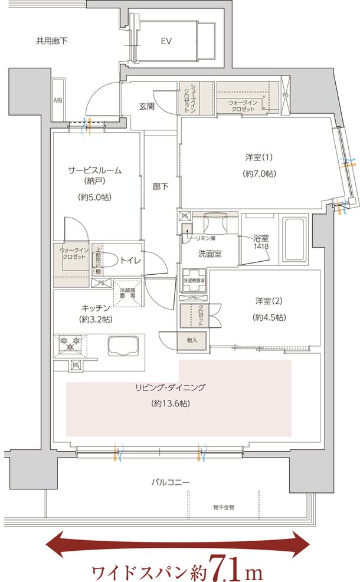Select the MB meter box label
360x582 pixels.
tap(58, 100)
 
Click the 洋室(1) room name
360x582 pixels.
tap(259, 157)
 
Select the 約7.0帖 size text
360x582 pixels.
tap(259, 174)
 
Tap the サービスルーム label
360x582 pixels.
tap(95, 170)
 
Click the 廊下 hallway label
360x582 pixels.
tap(160, 187)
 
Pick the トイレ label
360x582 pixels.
tap(130, 259)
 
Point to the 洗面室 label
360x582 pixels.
tap(210, 255)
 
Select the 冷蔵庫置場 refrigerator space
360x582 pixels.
tap(127, 292)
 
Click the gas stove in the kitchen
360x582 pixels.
tap(70, 344)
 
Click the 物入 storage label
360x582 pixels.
tap(191, 340)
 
